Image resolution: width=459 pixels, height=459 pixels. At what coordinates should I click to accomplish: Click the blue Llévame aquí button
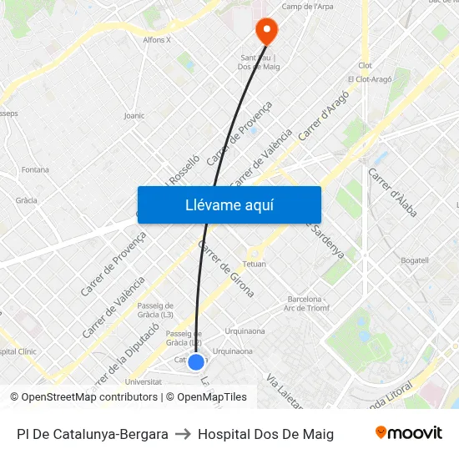click(x=229, y=204)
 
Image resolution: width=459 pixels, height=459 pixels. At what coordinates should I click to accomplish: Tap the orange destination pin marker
click(x=266, y=32)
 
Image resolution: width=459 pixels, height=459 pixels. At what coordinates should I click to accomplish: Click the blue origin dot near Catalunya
click(x=196, y=361)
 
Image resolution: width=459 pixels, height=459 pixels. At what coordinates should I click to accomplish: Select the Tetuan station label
click(x=254, y=264)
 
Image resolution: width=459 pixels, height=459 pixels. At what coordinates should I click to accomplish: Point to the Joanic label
click(x=134, y=115)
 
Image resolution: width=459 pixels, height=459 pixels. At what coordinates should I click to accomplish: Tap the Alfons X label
click(x=157, y=39)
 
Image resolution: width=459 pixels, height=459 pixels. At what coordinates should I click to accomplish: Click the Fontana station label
click(x=35, y=169)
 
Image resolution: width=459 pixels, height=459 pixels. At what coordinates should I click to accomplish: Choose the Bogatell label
click(x=414, y=260)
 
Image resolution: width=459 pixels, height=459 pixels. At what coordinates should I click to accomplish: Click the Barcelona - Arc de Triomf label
click(x=308, y=303)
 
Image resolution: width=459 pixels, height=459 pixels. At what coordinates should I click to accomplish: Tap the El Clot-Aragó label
click(x=368, y=79)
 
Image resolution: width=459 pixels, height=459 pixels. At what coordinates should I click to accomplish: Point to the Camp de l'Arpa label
click(x=307, y=7)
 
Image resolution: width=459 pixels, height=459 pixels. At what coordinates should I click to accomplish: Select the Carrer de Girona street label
click(x=225, y=269)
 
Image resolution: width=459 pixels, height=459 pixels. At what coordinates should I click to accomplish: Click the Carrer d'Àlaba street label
click(x=392, y=193)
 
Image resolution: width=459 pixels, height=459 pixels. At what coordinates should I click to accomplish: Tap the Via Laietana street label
click(x=283, y=392)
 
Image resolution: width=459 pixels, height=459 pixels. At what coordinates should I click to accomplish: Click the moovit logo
click(x=408, y=433)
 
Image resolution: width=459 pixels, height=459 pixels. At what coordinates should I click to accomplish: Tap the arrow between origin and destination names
click(x=183, y=434)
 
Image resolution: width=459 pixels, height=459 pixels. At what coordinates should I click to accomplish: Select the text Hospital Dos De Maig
click(x=265, y=434)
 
